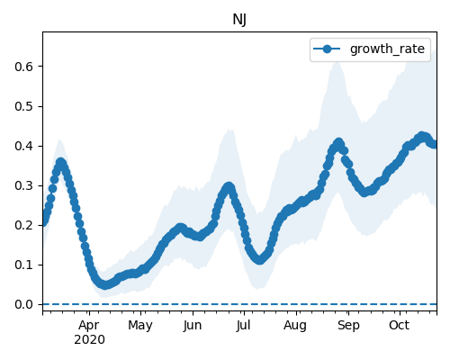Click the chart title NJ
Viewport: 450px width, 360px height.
pos(239,20)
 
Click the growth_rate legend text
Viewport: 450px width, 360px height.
pos(387,49)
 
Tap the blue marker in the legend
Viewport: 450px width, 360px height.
pos(327,49)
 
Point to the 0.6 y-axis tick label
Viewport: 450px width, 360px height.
pos(23,67)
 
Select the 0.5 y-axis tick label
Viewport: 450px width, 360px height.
pos(23,106)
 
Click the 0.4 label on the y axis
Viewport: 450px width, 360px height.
pos(23,146)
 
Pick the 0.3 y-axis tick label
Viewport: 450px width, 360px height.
pos(23,185)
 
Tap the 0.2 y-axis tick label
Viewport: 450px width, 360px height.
pos(23,225)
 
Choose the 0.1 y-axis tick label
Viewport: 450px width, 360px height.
pos(23,265)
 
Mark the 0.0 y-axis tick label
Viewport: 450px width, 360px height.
pos(23,304)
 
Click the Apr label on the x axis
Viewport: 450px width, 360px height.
pos(89,326)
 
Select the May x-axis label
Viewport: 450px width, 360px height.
pos(140,326)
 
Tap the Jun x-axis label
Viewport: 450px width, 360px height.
pos(193,325)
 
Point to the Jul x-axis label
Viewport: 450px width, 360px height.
pos(243,325)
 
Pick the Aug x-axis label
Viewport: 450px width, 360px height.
pos(295,326)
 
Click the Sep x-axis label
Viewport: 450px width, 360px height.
pos(348,326)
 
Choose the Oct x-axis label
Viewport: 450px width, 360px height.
pos(399,325)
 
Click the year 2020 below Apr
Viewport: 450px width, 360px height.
pos(89,340)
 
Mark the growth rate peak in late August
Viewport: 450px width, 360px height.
pos(339,142)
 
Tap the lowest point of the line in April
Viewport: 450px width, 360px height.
pos(104,285)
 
